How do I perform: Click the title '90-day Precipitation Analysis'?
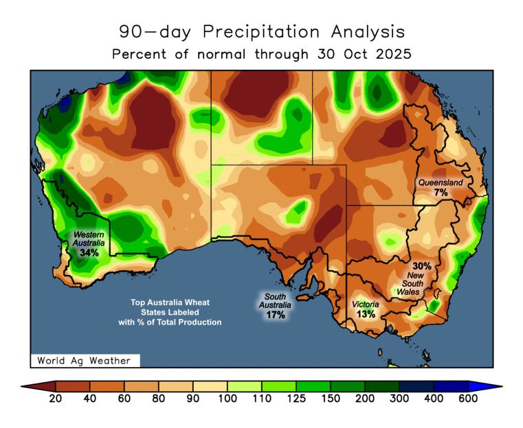[x=261, y=32]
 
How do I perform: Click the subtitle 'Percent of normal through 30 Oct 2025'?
[x=261, y=54]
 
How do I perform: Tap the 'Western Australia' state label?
[x=89, y=239]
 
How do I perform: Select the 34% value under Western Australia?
[x=89, y=253]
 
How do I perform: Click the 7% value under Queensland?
[x=441, y=193]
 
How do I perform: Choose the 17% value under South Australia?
[x=275, y=315]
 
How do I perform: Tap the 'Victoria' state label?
[x=364, y=304]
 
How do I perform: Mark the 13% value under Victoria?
[x=366, y=314]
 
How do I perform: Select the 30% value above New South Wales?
[x=421, y=265]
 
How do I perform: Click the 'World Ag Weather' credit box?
[x=85, y=360]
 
